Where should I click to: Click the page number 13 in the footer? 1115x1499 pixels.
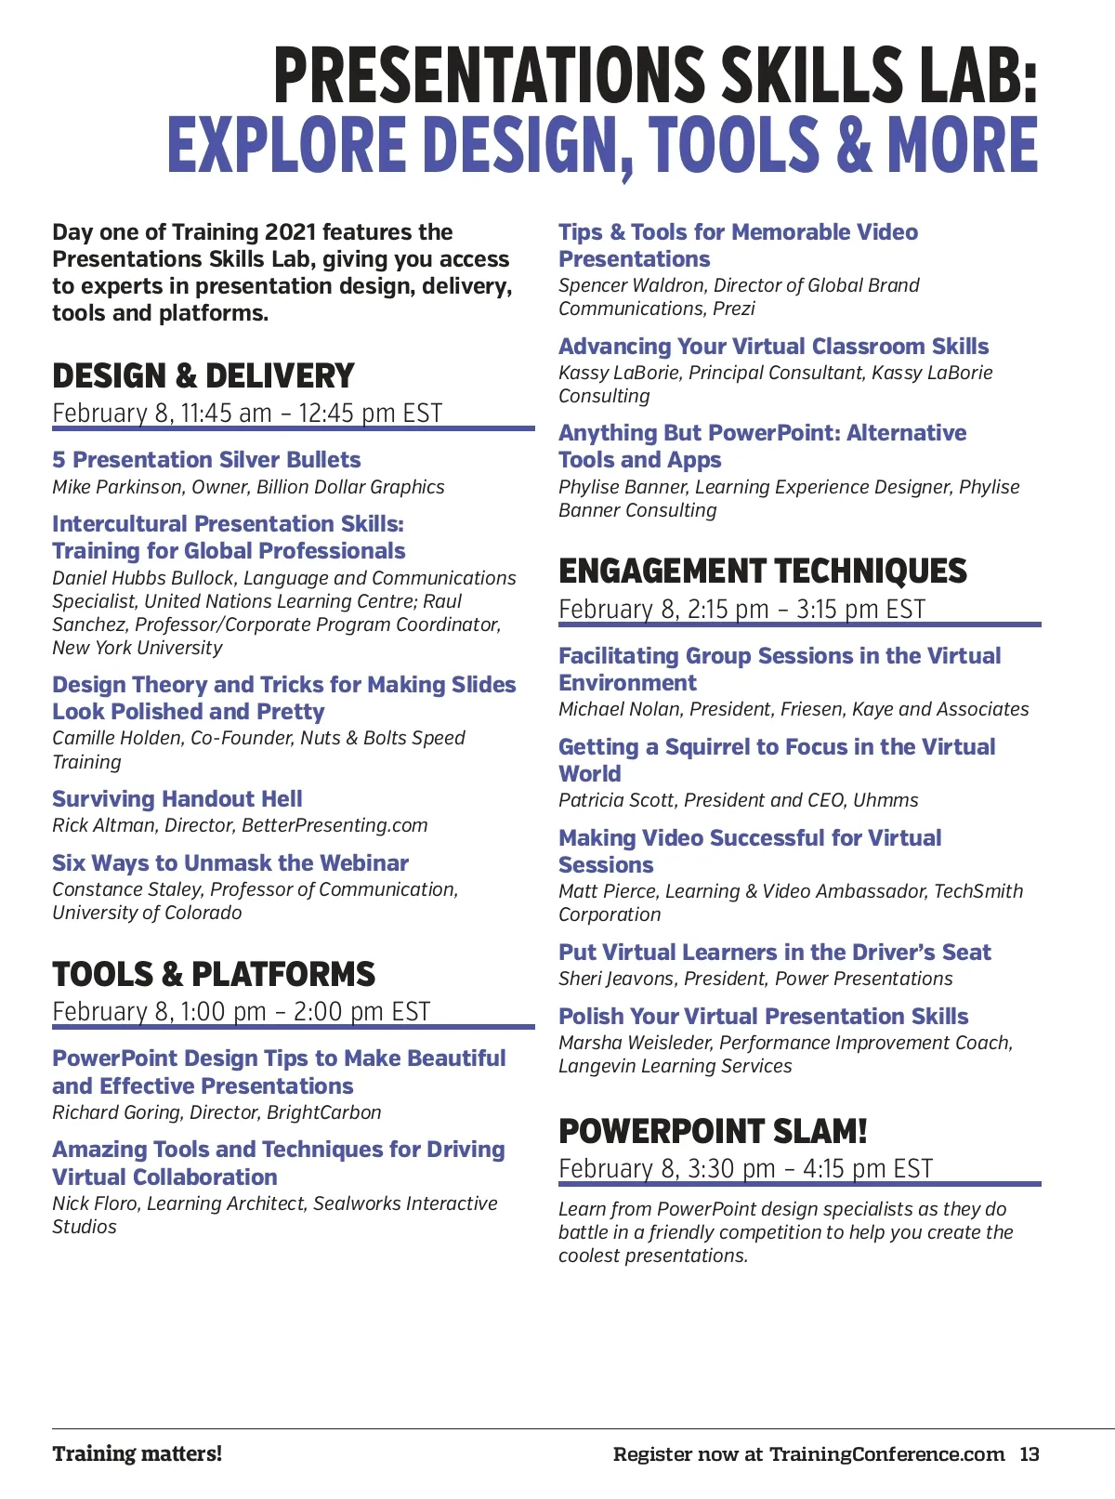1029,1454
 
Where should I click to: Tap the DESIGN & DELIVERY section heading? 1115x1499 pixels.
203,376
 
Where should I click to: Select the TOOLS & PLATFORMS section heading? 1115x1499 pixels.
214,975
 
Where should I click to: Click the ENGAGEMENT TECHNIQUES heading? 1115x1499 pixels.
762,571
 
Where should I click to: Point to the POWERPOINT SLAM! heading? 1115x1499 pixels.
713,1132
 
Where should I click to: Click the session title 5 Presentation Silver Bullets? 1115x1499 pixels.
206,460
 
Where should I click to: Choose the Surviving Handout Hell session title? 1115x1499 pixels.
177,799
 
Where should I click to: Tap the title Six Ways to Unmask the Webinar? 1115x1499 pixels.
230,863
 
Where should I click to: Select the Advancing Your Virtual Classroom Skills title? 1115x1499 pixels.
773,347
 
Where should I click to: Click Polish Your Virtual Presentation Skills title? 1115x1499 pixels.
763,1017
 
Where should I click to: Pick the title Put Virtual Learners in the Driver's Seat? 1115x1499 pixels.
774,953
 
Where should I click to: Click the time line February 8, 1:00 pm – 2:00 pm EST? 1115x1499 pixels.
242,1011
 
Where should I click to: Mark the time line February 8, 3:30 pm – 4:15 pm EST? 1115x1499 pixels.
745,1169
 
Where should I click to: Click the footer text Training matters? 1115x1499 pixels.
138,1454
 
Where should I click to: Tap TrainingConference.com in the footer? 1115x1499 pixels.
886,1454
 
